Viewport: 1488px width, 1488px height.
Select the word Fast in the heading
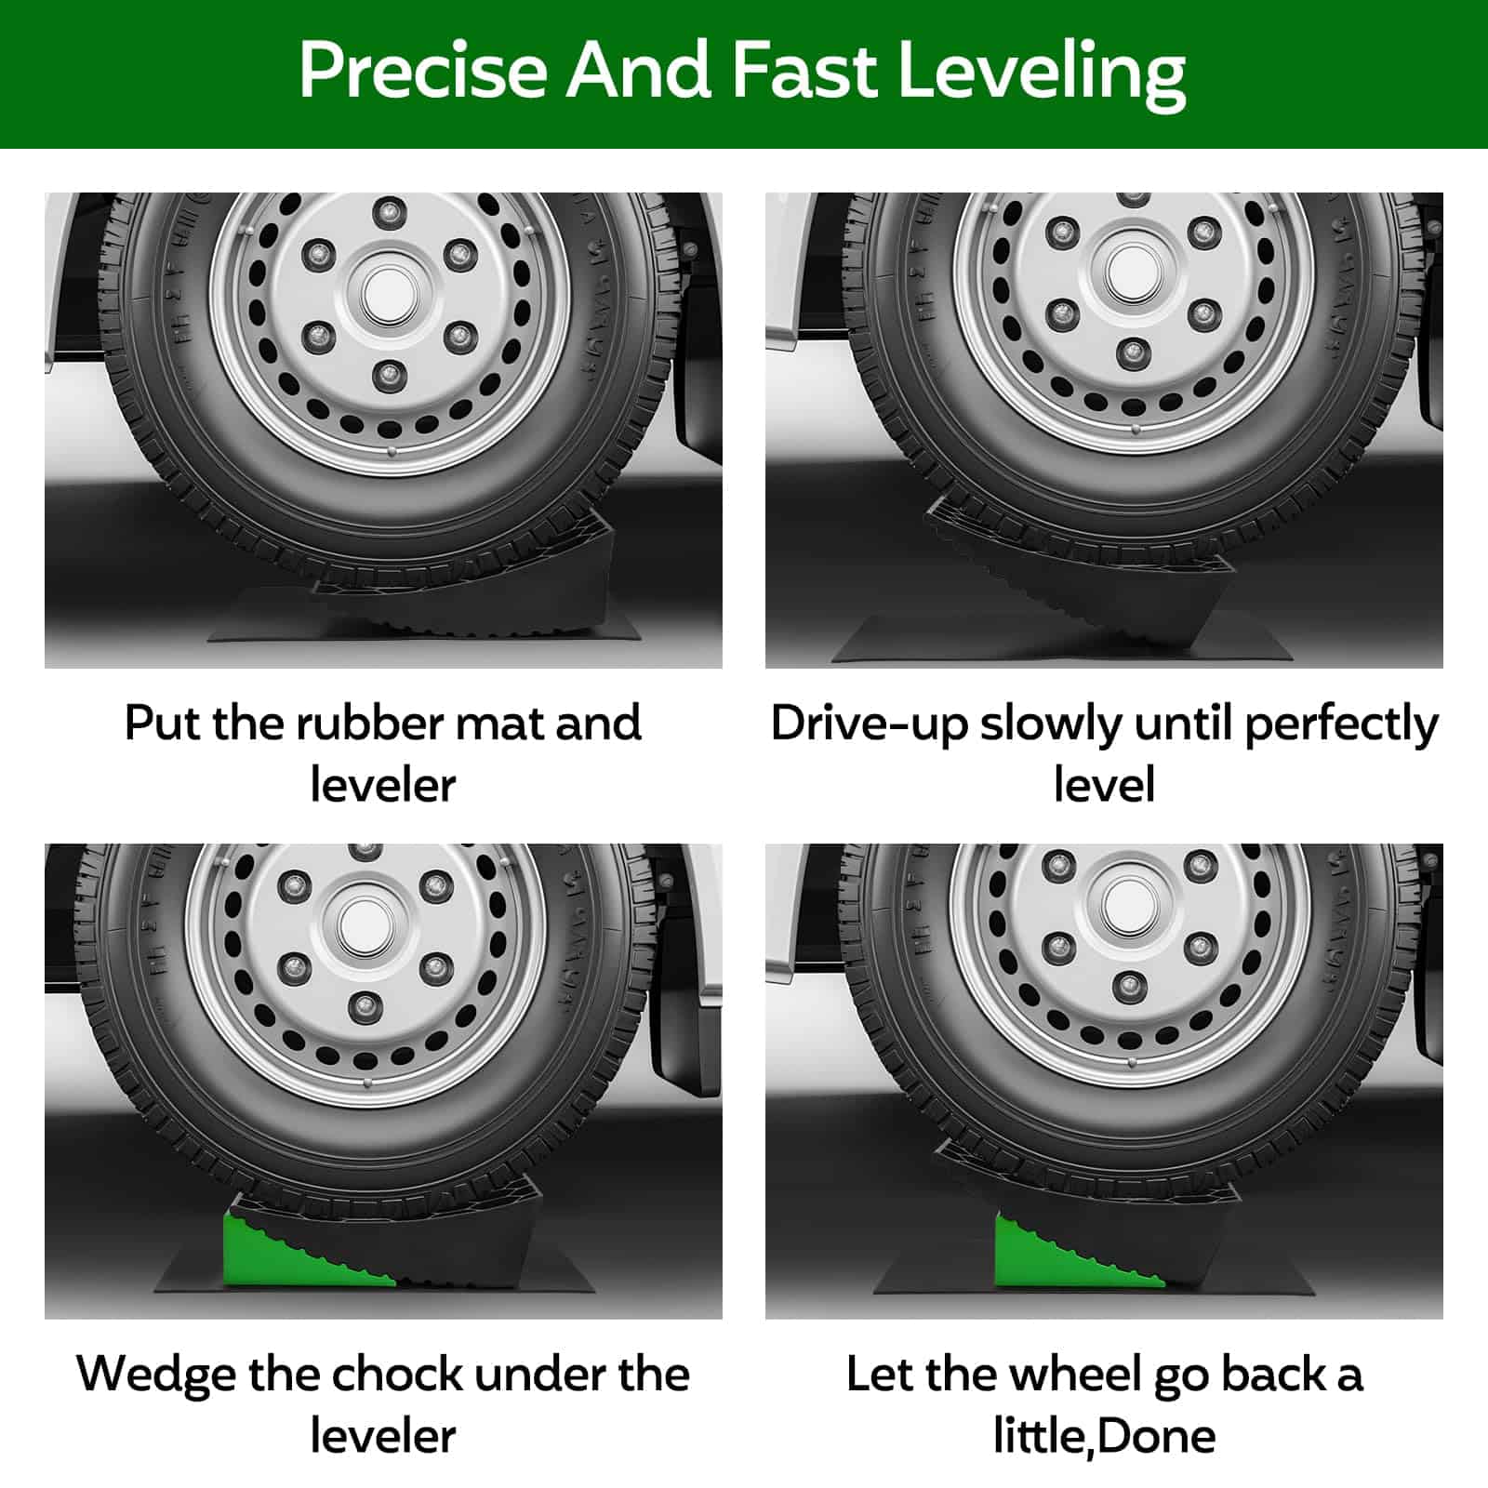point(804,71)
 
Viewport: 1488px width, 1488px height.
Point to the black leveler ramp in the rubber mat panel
point(465,577)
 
